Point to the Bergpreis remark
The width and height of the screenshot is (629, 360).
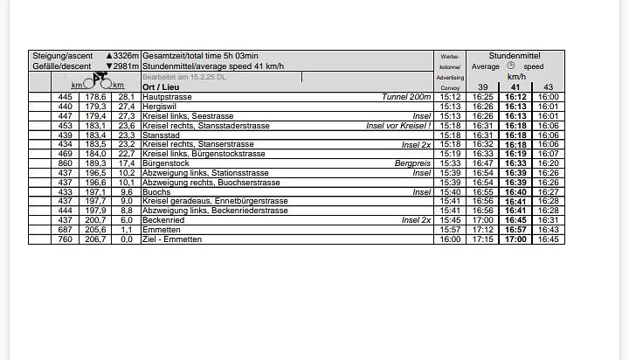(x=412, y=163)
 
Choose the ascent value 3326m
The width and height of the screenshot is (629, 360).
(x=121, y=56)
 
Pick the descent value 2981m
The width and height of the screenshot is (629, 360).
(x=121, y=66)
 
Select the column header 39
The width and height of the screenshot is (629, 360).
(x=483, y=87)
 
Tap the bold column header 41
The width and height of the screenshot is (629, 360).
(x=515, y=87)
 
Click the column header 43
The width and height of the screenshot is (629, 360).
(x=548, y=87)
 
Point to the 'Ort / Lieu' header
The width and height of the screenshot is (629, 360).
(x=162, y=87)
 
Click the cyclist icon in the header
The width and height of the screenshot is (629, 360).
(x=99, y=80)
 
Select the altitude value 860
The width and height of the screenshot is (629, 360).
(x=65, y=163)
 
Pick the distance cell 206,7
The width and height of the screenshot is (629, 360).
(x=95, y=239)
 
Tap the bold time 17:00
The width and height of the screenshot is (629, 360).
(x=515, y=239)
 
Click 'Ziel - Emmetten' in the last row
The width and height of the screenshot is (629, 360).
(x=171, y=239)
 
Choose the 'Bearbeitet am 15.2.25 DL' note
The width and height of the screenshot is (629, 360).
(x=183, y=77)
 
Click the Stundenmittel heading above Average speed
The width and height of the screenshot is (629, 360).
(x=515, y=55)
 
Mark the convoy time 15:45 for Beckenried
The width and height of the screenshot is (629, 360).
(x=450, y=220)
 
